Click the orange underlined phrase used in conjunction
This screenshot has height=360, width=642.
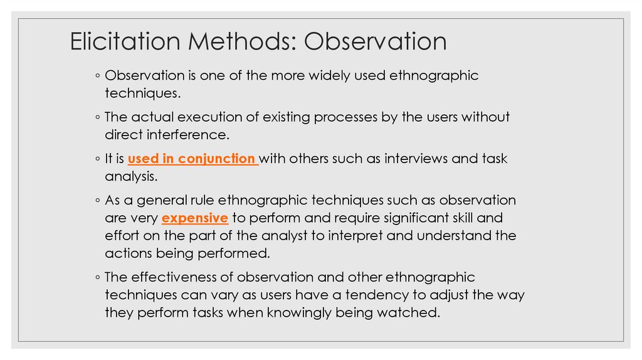point(192,159)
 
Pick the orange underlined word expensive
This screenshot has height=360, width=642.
point(194,218)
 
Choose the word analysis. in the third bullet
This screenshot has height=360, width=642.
point(130,177)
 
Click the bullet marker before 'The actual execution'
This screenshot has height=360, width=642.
point(98,117)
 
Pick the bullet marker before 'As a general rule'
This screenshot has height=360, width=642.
point(98,201)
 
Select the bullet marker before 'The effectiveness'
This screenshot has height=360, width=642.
point(98,277)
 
